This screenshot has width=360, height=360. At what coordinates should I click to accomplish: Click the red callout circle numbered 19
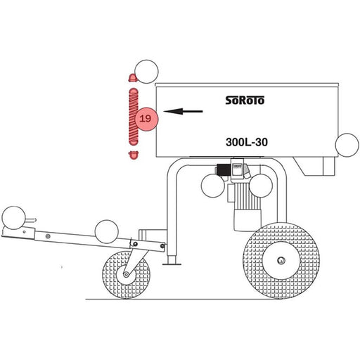[146, 119]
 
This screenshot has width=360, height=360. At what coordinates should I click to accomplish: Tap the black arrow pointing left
[183, 111]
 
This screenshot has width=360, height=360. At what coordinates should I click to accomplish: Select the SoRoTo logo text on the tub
[245, 101]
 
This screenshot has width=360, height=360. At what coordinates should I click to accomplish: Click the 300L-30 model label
[247, 142]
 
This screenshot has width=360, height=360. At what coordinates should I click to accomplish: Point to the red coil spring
[134, 117]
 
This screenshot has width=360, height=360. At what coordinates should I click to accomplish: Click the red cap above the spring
[133, 78]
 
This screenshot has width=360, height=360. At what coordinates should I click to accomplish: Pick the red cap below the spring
[134, 155]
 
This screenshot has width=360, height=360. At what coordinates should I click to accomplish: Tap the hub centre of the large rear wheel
[281, 260]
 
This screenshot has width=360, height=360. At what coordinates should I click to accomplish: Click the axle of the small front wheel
[127, 274]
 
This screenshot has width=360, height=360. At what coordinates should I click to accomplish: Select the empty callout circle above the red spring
[147, 72]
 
